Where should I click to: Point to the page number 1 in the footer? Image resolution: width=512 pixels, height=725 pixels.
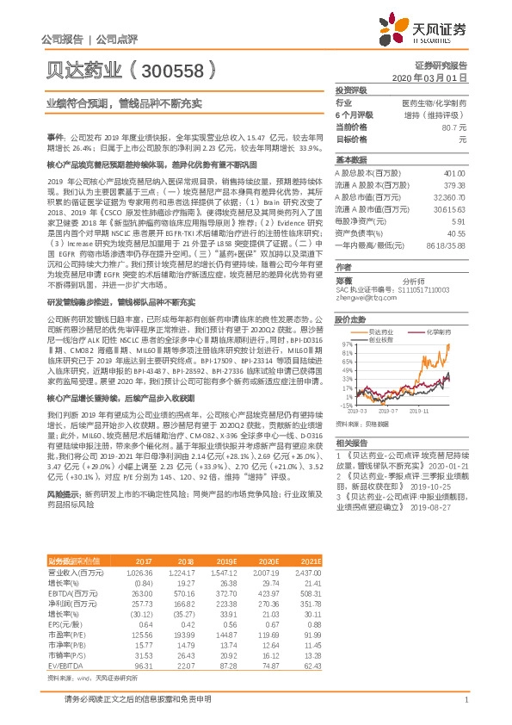(465, 698)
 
